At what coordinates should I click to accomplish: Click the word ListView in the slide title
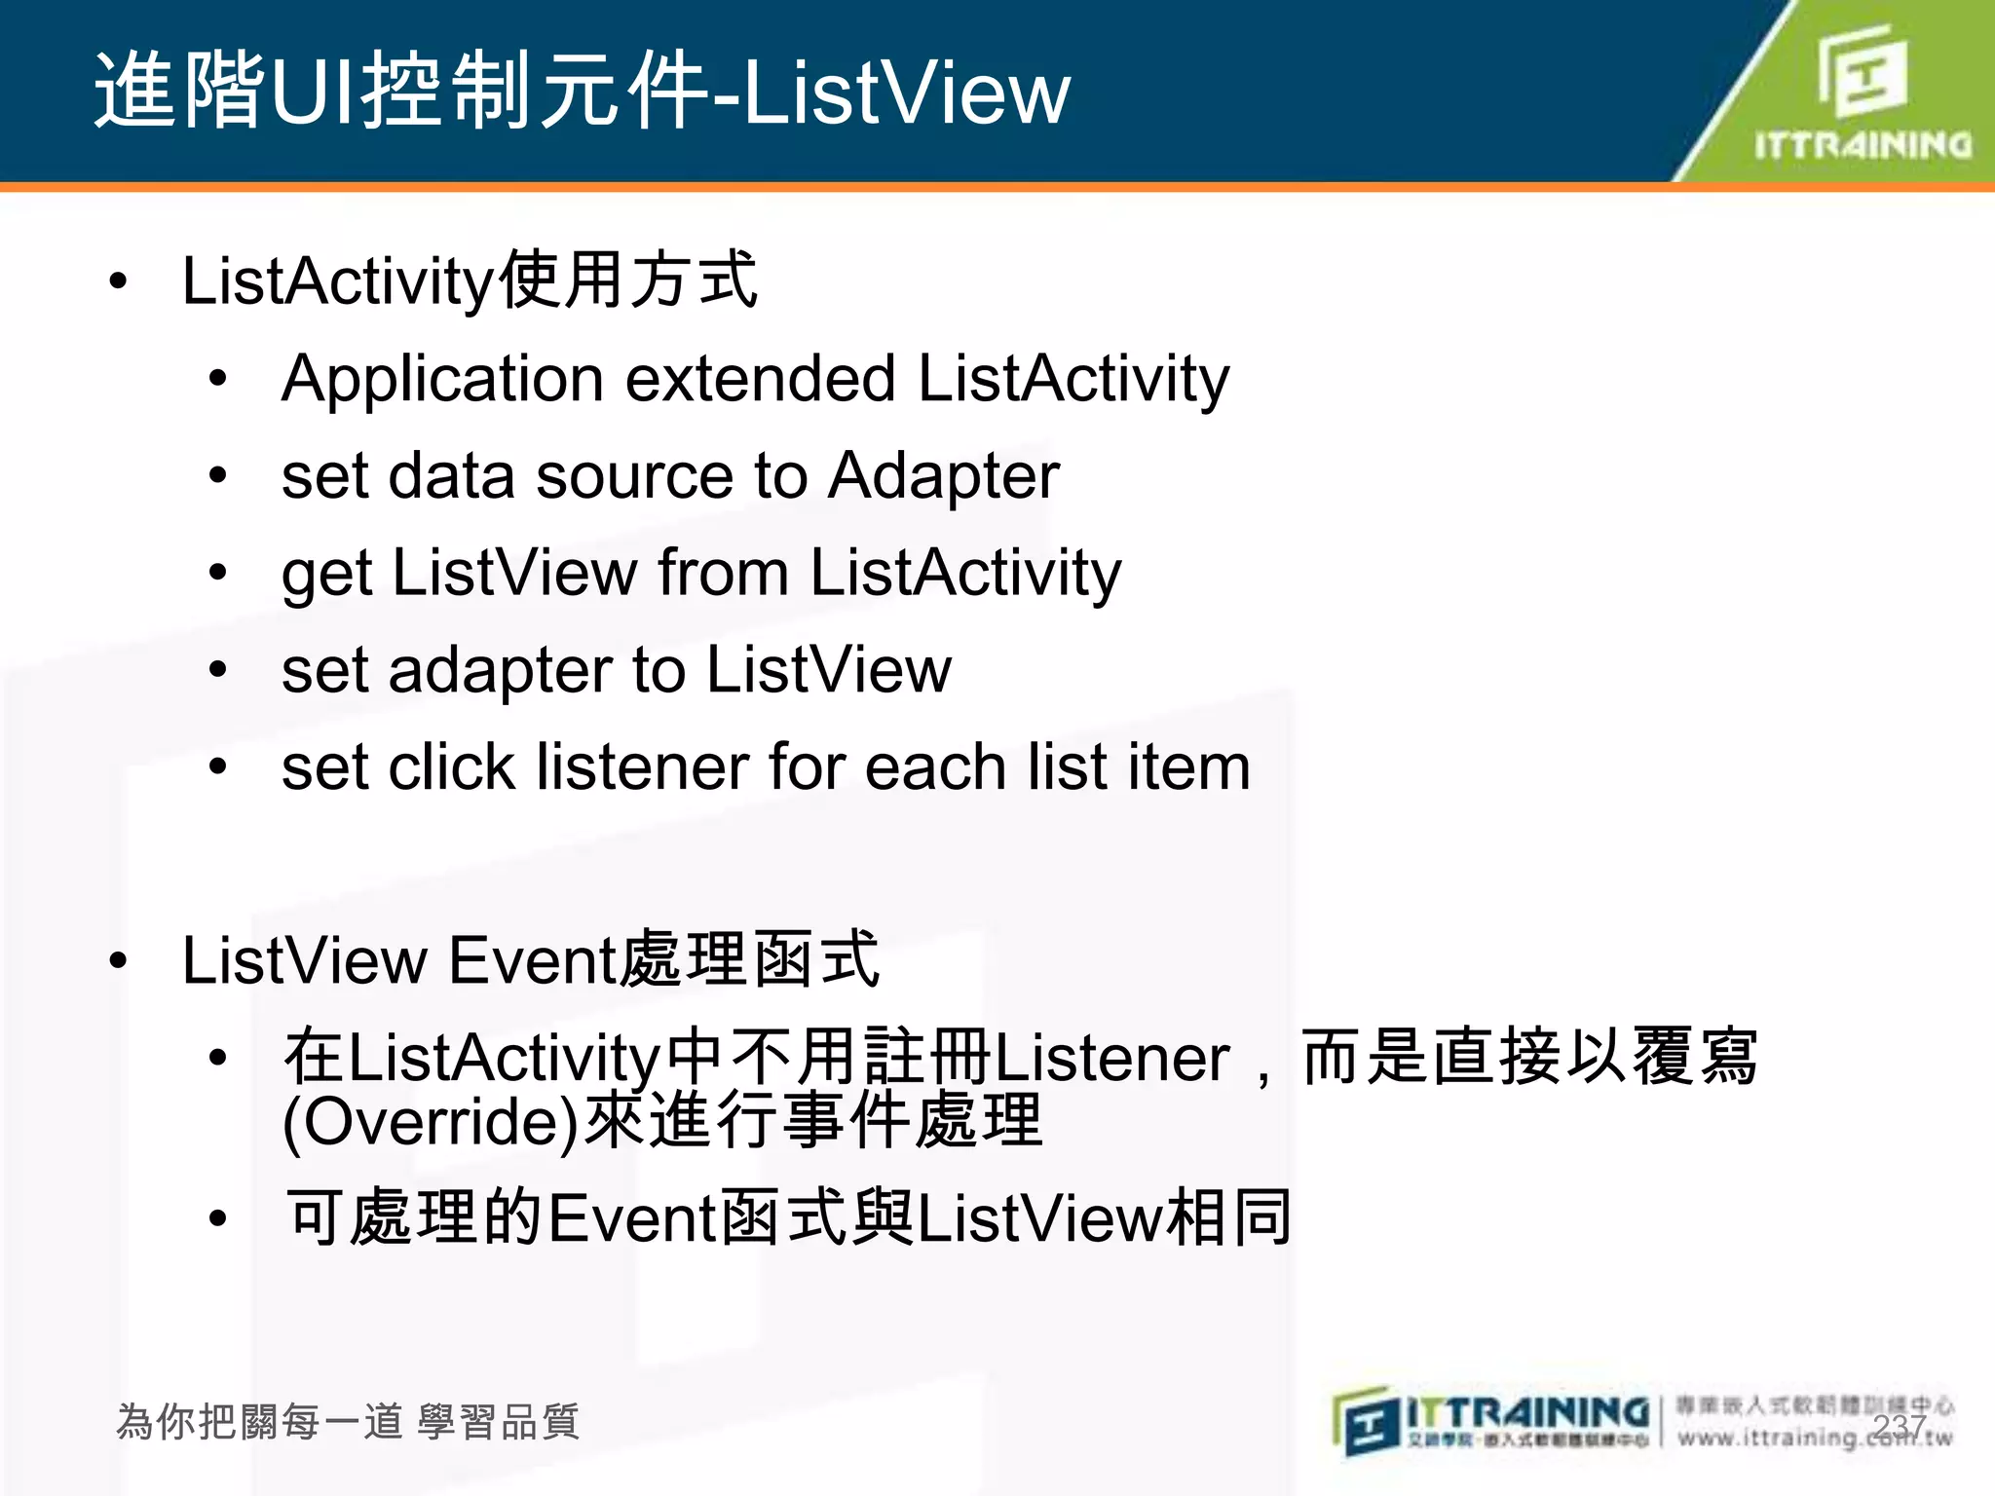point(906,93)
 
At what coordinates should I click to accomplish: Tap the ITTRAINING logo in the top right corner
point(1862,93)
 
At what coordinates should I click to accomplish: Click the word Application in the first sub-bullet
point(442,380)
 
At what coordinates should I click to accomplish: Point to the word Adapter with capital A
point(944,477)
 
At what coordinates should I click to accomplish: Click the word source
point(634,477)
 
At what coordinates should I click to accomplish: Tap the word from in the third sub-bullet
point(723,573)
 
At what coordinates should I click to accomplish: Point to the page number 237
point(1899,1426)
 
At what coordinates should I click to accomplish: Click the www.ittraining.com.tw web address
point(1814,1438)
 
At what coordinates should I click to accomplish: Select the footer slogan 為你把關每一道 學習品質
point(348,1422)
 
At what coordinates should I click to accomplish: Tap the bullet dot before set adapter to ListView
point(218,670)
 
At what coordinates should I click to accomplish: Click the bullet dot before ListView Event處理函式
point(119,961)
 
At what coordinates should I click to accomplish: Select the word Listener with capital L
point(1111,1059)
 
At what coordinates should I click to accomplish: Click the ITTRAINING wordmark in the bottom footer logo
point(1527,1411)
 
